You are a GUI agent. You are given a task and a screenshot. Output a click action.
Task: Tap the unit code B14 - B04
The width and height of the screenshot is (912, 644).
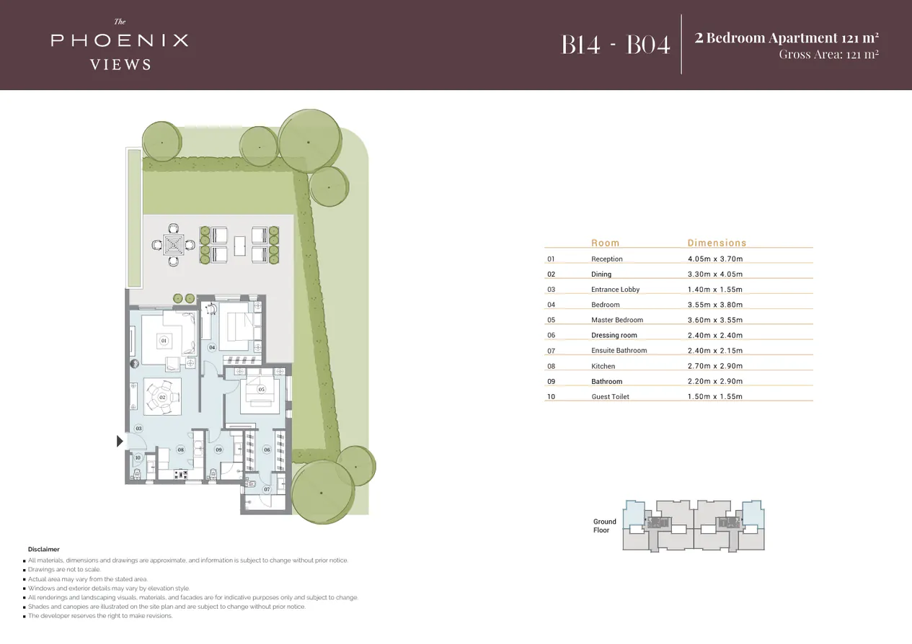click(616, 45)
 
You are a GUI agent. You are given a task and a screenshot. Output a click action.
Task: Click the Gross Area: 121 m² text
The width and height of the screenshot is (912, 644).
click(828, 55)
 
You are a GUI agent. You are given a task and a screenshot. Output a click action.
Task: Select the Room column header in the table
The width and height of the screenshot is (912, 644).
click(605, 243)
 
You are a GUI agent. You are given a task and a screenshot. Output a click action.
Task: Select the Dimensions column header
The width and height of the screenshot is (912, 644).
click(717, 243)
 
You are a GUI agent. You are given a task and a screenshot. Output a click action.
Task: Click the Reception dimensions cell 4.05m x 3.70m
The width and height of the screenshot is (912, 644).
click(714, 259)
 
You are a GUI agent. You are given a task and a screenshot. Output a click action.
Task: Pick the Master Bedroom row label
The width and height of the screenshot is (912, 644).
click(616, 320)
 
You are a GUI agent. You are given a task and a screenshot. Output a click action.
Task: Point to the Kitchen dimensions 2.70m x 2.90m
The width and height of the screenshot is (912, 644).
click(714, 366)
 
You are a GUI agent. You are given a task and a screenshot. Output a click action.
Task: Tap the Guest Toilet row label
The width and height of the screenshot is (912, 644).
click(610, 396)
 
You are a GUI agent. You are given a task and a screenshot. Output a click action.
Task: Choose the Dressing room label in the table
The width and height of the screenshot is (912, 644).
click(614, 335)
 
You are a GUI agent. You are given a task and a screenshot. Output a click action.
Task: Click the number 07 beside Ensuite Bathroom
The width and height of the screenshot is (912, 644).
click(551, 351)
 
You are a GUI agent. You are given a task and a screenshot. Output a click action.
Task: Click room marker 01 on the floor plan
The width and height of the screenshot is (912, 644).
click(164, 340)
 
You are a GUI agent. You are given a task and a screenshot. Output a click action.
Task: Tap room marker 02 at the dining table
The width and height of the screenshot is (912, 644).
click(162, 397)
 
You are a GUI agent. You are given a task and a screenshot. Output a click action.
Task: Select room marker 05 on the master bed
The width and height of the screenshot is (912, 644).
click(261, 389)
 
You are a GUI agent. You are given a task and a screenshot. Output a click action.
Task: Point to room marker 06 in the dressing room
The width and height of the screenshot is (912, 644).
click(267, 450)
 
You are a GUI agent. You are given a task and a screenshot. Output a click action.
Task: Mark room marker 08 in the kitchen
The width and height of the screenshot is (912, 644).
click(180, 450)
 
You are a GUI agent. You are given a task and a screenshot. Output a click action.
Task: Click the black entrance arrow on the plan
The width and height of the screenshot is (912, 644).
click(120, 441)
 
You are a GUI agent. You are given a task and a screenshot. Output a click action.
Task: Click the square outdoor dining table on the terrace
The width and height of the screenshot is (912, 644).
click(173, 245)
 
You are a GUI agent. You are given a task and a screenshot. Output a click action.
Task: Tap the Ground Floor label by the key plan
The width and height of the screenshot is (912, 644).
click(604, 526)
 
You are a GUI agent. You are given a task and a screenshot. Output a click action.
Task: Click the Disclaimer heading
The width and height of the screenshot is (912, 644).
click(43, 549)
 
